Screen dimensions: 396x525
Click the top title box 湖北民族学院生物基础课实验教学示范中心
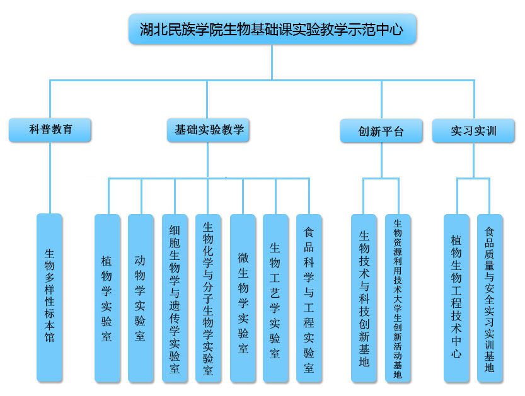click(x=272, y=29)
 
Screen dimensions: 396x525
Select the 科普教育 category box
click(x=50, y=130)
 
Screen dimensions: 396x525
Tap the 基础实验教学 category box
click(x=209, y=130)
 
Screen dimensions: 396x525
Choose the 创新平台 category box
click(x=381, y=131)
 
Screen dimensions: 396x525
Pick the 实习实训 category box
click(x=473, y=130)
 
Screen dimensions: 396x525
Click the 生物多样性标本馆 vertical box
click(x=49, y=297)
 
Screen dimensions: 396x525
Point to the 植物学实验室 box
click(x=107, y=298)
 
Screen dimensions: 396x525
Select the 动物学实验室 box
click(x=141, y=298)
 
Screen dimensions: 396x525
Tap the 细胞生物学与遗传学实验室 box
click(x=175, y=298)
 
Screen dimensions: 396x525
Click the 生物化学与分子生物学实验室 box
click(x=208, y=298)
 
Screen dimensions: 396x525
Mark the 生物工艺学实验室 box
click(x=275, y=298)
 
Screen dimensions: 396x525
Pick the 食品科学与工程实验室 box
click(x=309, y=298)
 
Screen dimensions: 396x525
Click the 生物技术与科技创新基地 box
click(x=364, y=298)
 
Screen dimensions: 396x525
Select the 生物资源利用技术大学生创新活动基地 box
click(x=398, y=298)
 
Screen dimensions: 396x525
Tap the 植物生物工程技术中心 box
click(x=456, y=298)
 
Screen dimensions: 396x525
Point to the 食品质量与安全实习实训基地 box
click(x=490, y=298)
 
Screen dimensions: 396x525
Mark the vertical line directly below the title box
click(x=272, y=62)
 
